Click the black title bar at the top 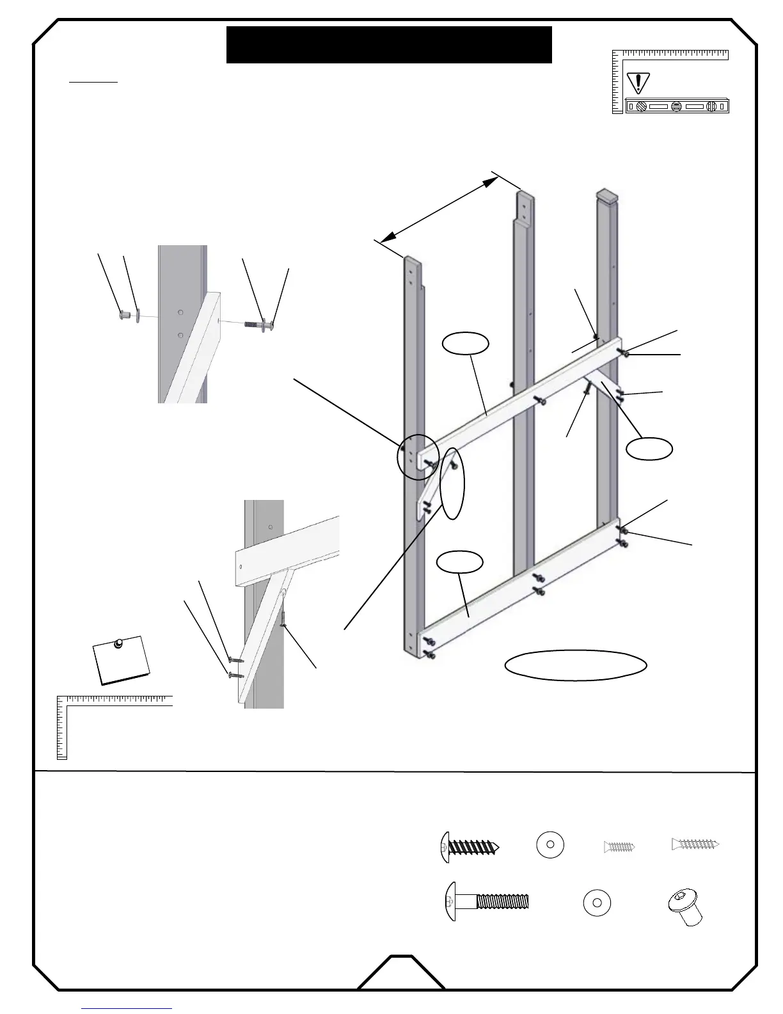pyautogui.click(x=389, y=45)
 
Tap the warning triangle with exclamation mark pyautogui.click(x=638, y=83)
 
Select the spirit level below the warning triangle pyautogui.click(x=677, y=106)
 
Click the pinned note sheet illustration pyautogui.click(x=122, y=659)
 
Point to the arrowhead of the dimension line pyautogui.click(x=491, y=182)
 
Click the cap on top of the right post pyautogui.click(x=608, y=194)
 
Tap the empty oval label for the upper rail pyautogui.click(x=466, y=344)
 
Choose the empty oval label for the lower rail pyautogui.click(x=459, y=563)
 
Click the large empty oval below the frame pyautogui.click(x=575, y=665)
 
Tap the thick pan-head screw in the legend pyautogui.click(x=470, y=848)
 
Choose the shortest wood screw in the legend pyautogui.click(x=619, y=847)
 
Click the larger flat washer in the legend pyautogui.click(x=550, y=845)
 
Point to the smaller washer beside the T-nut pyautogui.click(x=597, y=903)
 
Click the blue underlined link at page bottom pyautogui.click(x=127, y=1008)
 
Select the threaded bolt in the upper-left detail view pyautogui.click(x=258, y=324)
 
